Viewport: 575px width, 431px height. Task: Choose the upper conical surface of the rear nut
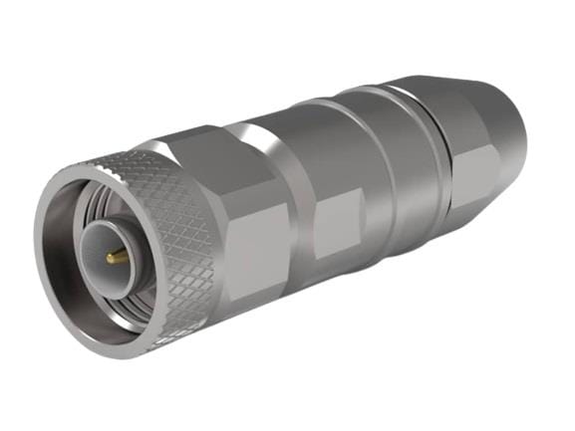[468, 100]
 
